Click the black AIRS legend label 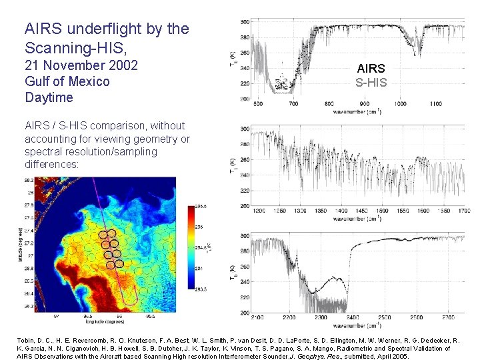click(371, 68)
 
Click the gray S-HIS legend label click(371, 83)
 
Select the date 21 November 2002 click(81, 65)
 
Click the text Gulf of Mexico click(67, 81)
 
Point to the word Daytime click(49, 97)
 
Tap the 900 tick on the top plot click(364, 104)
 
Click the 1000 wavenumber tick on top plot click(400, 104)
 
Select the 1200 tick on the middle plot click(259, 211)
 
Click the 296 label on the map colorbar click(199, 227)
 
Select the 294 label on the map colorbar click(199, 268)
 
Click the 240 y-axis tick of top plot click(245, 68)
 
